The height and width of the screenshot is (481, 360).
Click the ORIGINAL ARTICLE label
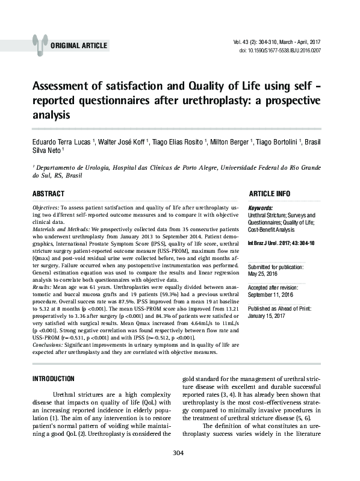click(x=79, y=46)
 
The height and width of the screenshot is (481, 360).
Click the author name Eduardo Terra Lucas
click(x=61, y=141)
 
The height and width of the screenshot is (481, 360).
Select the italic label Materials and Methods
click(x=60, y=229)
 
